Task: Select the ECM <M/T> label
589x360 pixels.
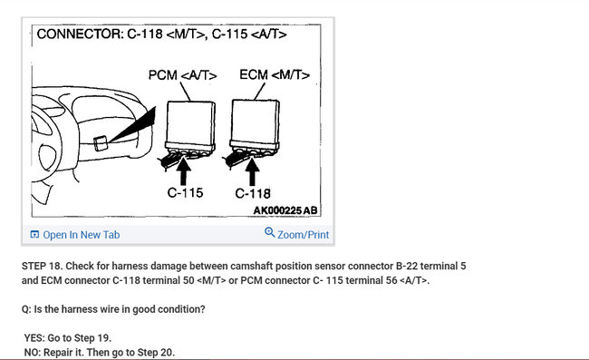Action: (275, 75)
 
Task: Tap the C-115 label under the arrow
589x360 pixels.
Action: (185, 192)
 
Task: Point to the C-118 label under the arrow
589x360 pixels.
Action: (253, 192)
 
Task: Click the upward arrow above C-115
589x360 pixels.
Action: (185, 170)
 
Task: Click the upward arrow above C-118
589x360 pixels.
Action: (253, 170)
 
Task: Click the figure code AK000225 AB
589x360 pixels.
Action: (285, 210)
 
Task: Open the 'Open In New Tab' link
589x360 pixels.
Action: (81, 235)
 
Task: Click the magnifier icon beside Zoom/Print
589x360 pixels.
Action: (269, 233)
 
